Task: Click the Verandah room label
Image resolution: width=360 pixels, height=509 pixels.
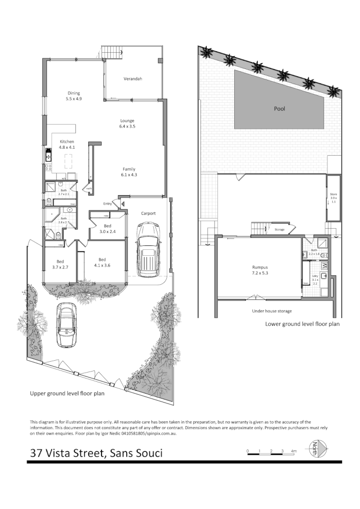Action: (x=133, y=79)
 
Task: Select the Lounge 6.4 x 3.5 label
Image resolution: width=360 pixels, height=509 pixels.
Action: (x=127, y=124)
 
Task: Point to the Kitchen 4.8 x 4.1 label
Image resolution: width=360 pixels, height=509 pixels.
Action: (x=67, y=144)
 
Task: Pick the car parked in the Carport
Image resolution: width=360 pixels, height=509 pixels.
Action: (x=148, y=249)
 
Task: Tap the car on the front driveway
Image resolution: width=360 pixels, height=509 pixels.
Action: (x=66, y=324)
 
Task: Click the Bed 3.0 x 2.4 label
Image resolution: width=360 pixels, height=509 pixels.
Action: (x=108, y=229)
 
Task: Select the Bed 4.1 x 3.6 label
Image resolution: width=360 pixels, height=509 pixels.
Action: (x=102, y=263)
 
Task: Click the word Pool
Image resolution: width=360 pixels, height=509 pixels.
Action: (x=280, y=109)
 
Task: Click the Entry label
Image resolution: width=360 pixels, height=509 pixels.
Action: (x=108, y=204)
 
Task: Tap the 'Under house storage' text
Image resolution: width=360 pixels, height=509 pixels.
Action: (x=271, y=311)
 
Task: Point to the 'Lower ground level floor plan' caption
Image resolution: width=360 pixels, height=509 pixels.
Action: (x=302, y=324)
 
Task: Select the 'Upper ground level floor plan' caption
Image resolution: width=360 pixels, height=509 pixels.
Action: (x=67, y=394)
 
